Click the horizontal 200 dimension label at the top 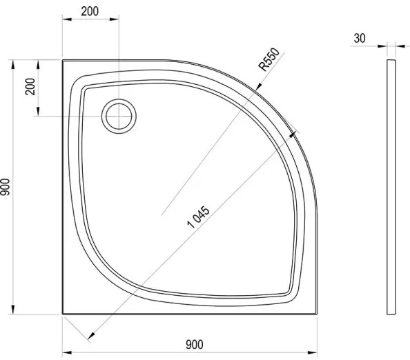tap(89, 12)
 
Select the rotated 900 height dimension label tap(6, 187)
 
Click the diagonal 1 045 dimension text tap(198, 219)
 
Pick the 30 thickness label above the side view tap(360, 39)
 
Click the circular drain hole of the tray tap(118, 115)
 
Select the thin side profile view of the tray tap(391, 186)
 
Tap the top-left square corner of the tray tap(63, 60)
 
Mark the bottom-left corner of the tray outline tap(63, 312)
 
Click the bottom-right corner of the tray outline tap(315, 312)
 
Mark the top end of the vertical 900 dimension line tap(17, 60)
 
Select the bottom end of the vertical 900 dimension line tap(17, 312)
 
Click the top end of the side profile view tap(391, 61)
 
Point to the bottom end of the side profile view tap(391, 312)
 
